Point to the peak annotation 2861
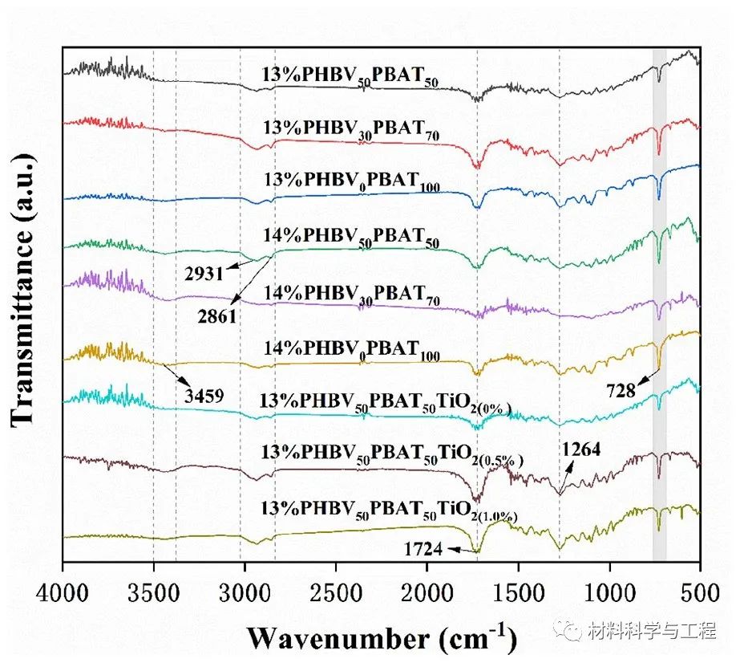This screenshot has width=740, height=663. pyautogui.click(x=216, y=316)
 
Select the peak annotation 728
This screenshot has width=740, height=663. pyautogui.click(x=621, y=391)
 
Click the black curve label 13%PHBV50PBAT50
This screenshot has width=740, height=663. pyautogui.click(x=354, y=75)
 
